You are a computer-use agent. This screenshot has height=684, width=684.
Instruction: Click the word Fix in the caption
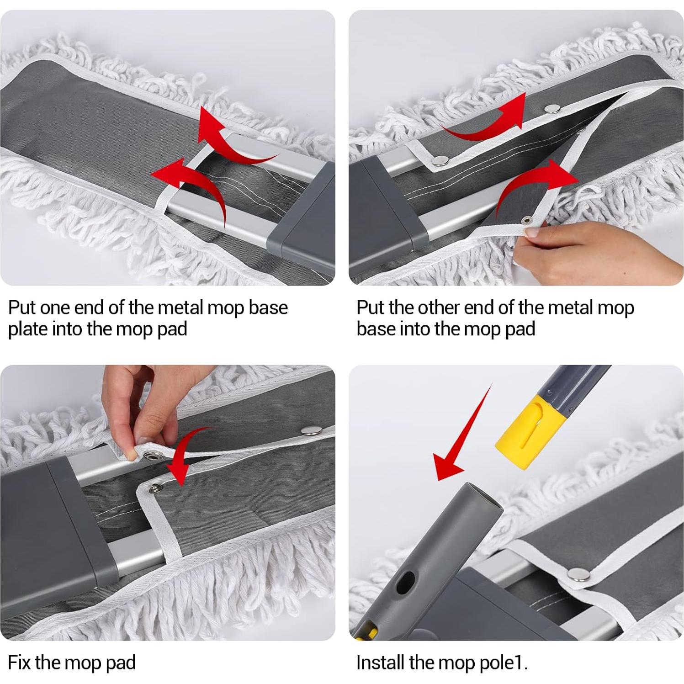19,663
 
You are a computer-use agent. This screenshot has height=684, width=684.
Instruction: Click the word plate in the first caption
28,329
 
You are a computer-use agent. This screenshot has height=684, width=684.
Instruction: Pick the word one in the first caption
55,308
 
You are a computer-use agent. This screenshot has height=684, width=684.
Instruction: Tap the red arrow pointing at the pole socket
462,434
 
